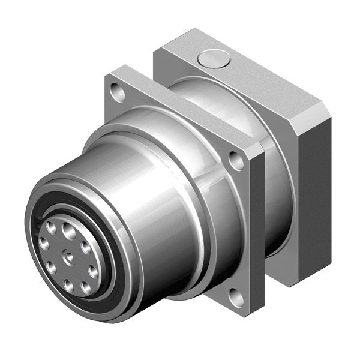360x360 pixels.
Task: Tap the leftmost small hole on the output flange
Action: coord(44,244)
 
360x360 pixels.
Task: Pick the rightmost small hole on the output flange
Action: coord(94,270)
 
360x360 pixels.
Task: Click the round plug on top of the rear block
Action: coord(214,58)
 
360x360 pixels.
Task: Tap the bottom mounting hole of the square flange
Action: coord(236,296)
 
